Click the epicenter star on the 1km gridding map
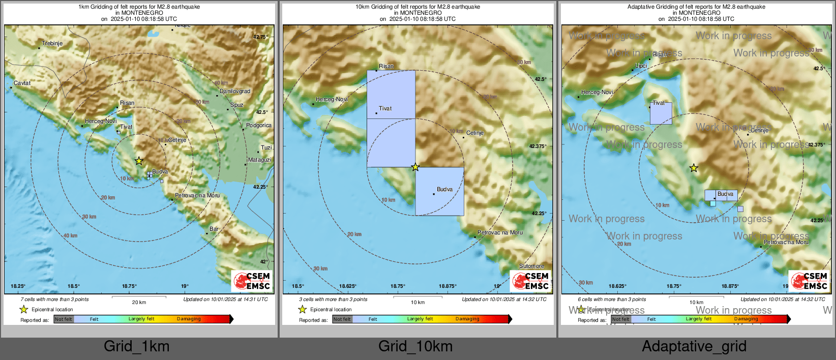pyautogui.click(x=139, y=161)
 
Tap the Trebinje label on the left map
pyautogui.click(x=52, y=44)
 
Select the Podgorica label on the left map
pyautogui.click(x=258, y=125)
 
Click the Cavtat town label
pyautogui.click(x=22, y=83)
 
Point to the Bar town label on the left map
pyautogui.click(x=214, y=229)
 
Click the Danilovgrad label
pyautogui.click(x=235, y=92)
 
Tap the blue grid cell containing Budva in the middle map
pyautogui.click(x=439, y=192)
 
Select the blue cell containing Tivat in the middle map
pyautogui.click(x=391, y=95)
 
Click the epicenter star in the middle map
pyautogui.click(x=415, y=167)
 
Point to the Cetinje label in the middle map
pyautogui.click(x=475, y=133)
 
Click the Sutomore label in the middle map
pyautogui.click(x=531, y=266)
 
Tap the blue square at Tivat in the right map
pyautogui.click(x=661, y=114)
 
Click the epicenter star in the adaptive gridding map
pyautogui.click(x=694, y=168)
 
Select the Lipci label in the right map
pyautogui.click(x=641, y=66)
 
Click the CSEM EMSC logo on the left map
pyautogui.click(x=252, y=281)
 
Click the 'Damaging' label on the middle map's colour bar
pyautogui.click(x=467, y=319)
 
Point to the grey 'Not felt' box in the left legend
pyautogui.click(x=64, y=319)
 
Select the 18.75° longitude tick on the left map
pyautogui.click(x=129, y=286)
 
